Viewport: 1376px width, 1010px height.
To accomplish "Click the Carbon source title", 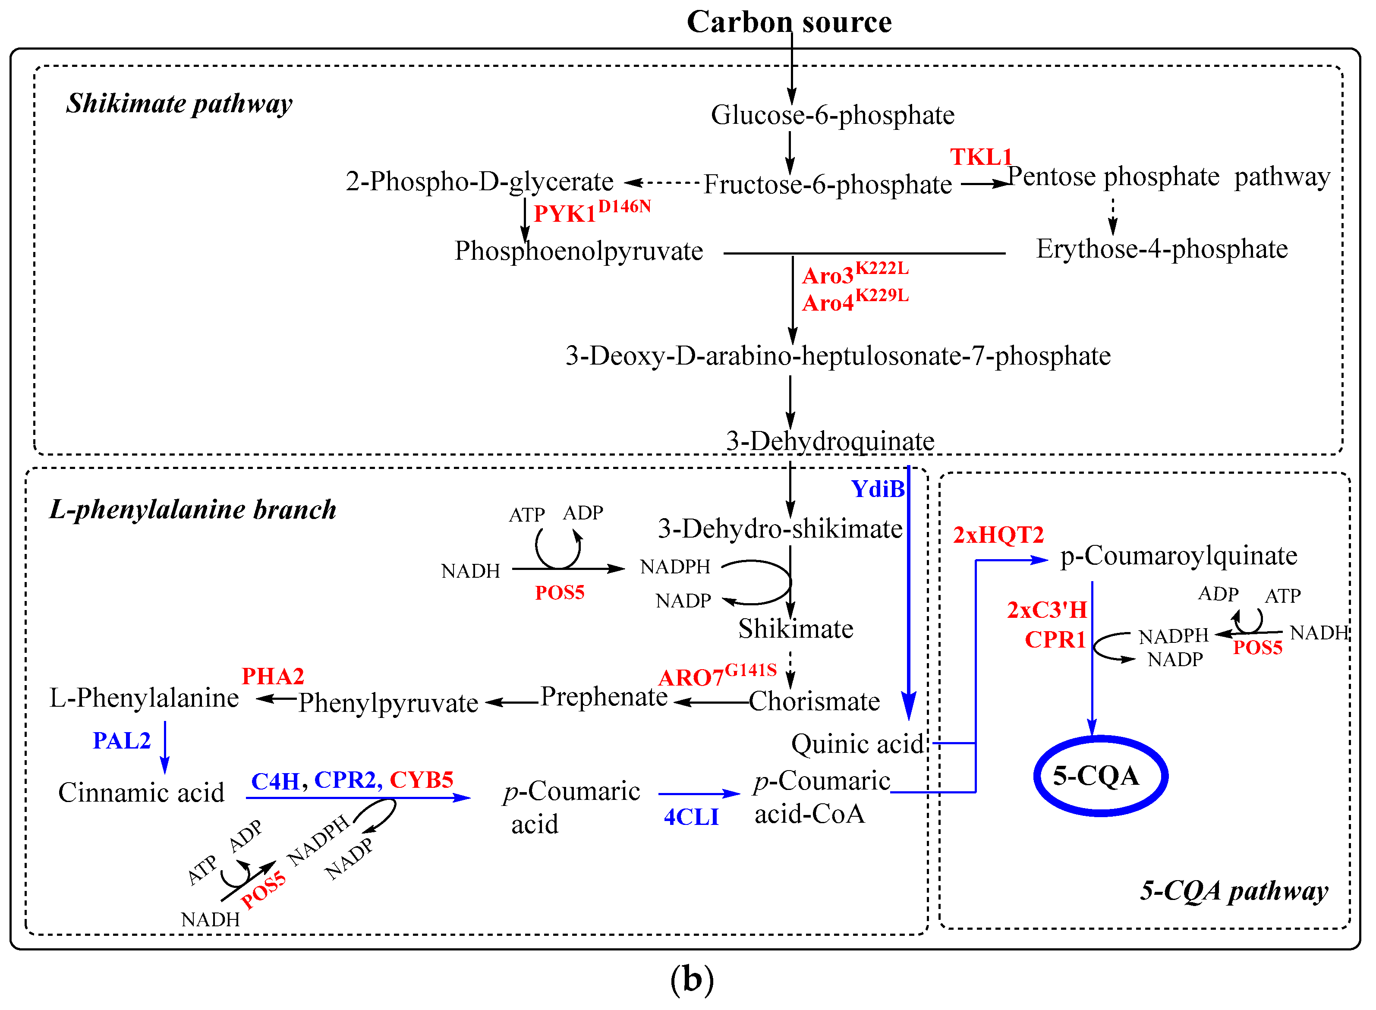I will click(x=789, y=22).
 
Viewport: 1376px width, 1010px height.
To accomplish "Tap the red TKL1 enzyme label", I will click(x=980, y=157).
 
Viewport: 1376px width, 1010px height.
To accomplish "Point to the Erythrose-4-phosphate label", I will click(x=1162, y=249).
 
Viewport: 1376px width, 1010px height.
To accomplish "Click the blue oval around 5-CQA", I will click(x=1100, y=740).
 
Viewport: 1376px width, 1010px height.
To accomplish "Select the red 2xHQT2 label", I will click(x=998, y=535).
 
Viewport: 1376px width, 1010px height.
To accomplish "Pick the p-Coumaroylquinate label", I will click(x=1178, y=556).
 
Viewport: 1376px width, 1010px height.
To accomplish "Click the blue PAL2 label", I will click(x=121, y=741).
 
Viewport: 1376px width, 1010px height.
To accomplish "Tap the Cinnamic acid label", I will click(x=141, y=793).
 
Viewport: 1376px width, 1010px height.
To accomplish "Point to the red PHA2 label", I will click(x=273, y=676).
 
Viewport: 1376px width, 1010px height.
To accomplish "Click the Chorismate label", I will click(x=814, y=701).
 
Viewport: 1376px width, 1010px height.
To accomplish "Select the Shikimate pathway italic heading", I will click(x=179, y=103).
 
